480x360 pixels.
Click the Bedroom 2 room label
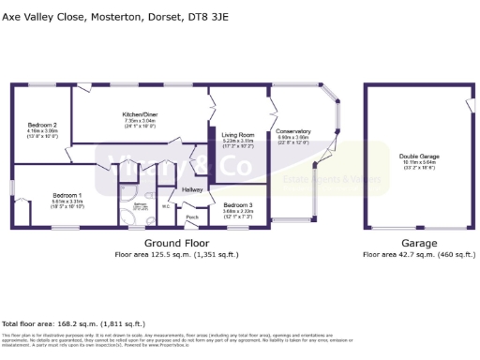(42, 125)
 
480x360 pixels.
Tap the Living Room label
(238, 135)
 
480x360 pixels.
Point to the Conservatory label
(294, 131)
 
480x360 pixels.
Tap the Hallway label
(192, 189)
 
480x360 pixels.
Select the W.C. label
(165, 207)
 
